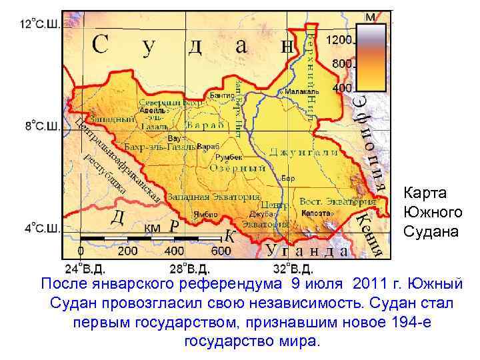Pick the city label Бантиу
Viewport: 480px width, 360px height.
click(221, 96)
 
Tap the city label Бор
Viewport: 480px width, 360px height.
click(289, 178)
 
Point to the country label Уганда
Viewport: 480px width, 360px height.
click(307, 251)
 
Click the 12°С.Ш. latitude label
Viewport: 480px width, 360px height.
click(39, 25)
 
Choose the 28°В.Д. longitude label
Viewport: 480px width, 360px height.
click(190, 270)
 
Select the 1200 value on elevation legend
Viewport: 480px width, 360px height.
click(339, 40)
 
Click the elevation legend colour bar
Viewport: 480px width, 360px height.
click(372, 57)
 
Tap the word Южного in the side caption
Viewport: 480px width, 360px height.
click(432, 213)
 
